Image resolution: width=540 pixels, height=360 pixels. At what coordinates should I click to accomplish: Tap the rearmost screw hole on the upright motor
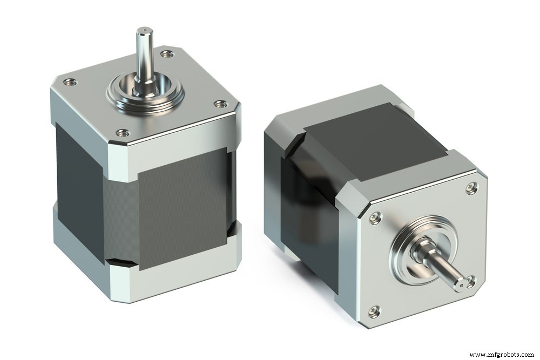(x=167, y=53)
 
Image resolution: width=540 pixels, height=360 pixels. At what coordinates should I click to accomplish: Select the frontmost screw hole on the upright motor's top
(x=123, y=132)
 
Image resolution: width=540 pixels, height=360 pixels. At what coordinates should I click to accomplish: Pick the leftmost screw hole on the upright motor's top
(x=69, y=83)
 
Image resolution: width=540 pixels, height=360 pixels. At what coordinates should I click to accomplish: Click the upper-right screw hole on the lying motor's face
(x=471, y=187)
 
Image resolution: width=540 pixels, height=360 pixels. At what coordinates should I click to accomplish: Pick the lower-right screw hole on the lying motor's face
(x=471, y=281)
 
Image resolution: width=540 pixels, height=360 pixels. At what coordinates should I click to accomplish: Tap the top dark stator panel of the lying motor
(x=373, y=135)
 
